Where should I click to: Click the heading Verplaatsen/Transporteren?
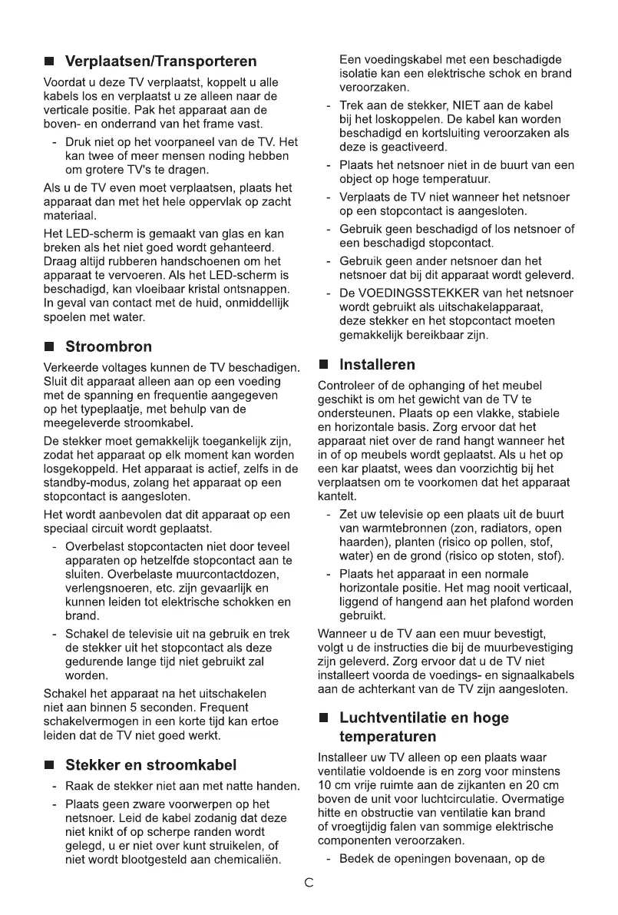161,61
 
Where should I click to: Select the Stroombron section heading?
109,346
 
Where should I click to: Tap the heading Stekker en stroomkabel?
151,764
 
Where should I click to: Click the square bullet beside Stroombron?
50,347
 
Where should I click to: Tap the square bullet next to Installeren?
324,365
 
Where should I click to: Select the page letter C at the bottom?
309,883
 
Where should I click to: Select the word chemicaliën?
244,858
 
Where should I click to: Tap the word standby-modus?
81,482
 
